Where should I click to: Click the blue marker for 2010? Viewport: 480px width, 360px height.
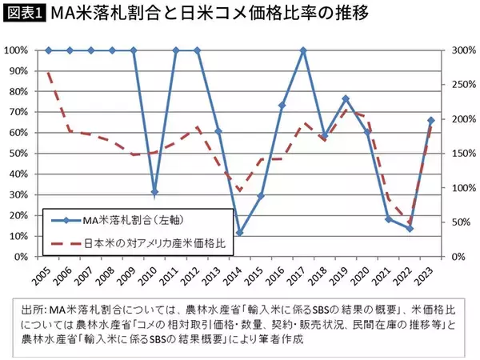click(154, 192)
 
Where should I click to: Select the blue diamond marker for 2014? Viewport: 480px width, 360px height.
click(239, 233)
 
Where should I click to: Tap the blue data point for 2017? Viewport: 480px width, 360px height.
click(303, 50)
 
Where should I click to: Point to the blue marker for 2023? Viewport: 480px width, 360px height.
click(430, 121)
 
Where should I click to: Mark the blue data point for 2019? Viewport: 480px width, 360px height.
click(346, 99)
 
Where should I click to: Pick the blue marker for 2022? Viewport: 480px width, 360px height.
click(410, 229)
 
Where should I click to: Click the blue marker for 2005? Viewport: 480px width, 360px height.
click(48, 50)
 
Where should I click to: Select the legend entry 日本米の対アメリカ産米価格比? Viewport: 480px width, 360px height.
click(140, 239)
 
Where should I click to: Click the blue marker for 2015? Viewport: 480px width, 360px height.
click(261, 196)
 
